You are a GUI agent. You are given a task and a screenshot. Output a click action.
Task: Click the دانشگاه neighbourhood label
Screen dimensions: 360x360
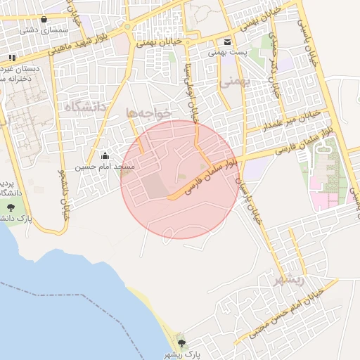(84, 107)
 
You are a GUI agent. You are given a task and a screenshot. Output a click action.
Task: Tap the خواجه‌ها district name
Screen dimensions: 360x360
(149, 112)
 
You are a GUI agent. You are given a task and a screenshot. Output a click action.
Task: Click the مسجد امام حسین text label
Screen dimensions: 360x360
(105, 167)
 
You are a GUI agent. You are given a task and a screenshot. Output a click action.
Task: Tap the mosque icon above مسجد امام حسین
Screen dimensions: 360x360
(105, 156)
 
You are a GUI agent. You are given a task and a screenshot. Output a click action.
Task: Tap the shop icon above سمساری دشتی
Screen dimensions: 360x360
(44, 20)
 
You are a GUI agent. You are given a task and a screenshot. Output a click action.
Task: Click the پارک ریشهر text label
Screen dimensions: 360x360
(183, 354)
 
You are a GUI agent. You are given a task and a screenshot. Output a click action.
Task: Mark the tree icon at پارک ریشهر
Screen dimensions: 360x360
(182, 343)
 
